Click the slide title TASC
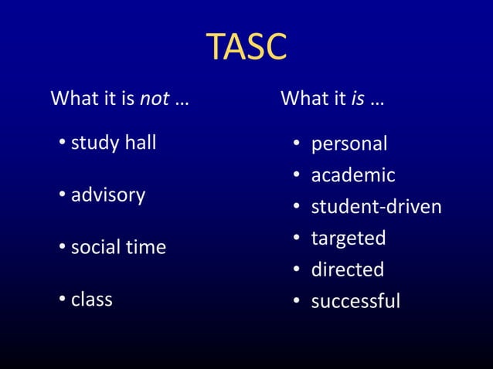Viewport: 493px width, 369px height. (246, 48)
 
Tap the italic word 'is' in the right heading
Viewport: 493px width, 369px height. (358, 100)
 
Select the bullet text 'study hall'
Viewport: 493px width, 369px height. (114, 143)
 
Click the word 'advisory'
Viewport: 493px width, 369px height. (108, 195)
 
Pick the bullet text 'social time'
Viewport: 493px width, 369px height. (118, 248)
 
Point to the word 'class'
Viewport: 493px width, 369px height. (92, 300)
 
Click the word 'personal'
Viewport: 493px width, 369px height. (349, 144)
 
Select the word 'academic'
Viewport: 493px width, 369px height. (353, 176)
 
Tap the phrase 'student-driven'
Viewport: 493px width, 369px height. (376, 207)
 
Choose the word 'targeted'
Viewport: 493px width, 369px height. (348, 239)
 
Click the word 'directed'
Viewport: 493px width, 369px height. (347, 269)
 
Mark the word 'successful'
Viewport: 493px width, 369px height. (355, 301)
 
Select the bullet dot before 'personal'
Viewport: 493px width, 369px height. (296, 145)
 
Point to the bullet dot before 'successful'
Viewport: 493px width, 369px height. (296, 302)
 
